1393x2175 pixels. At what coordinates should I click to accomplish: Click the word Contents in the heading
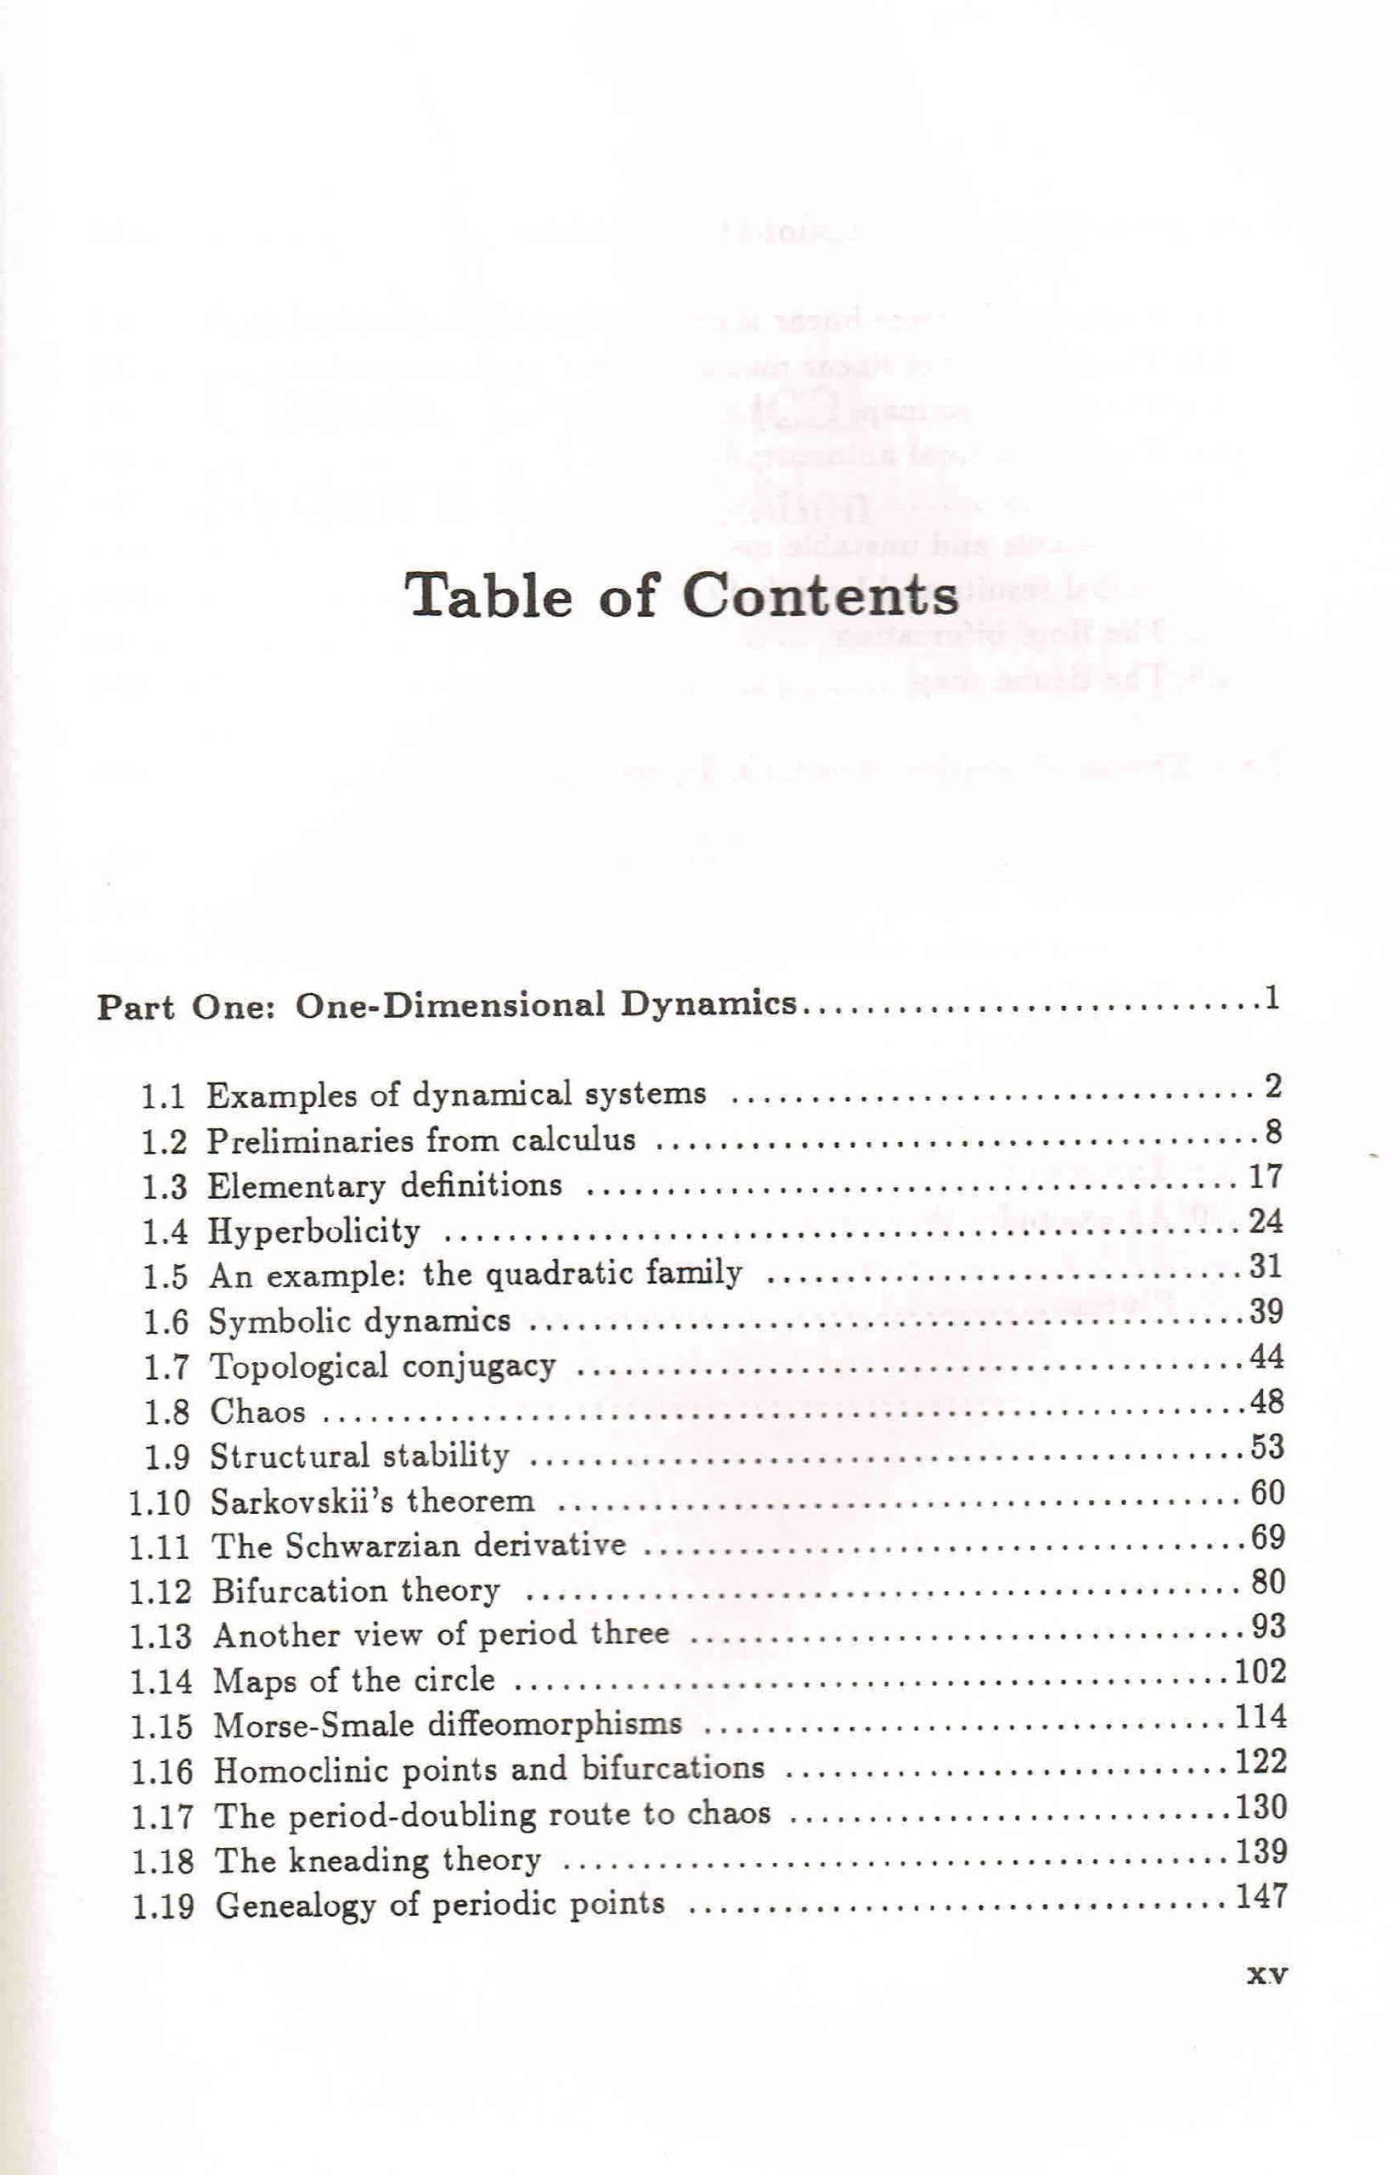tap(820, 596)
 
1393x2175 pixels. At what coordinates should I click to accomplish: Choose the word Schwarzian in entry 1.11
tap(375, 1546)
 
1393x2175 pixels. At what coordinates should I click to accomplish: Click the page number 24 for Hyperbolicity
tap(1266, 1223)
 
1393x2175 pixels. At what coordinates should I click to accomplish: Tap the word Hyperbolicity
tap(315, 1232)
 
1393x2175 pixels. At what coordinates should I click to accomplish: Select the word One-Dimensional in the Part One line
tap(449, 1006)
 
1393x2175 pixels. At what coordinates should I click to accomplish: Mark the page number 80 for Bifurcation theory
tap(1267, 1582)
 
